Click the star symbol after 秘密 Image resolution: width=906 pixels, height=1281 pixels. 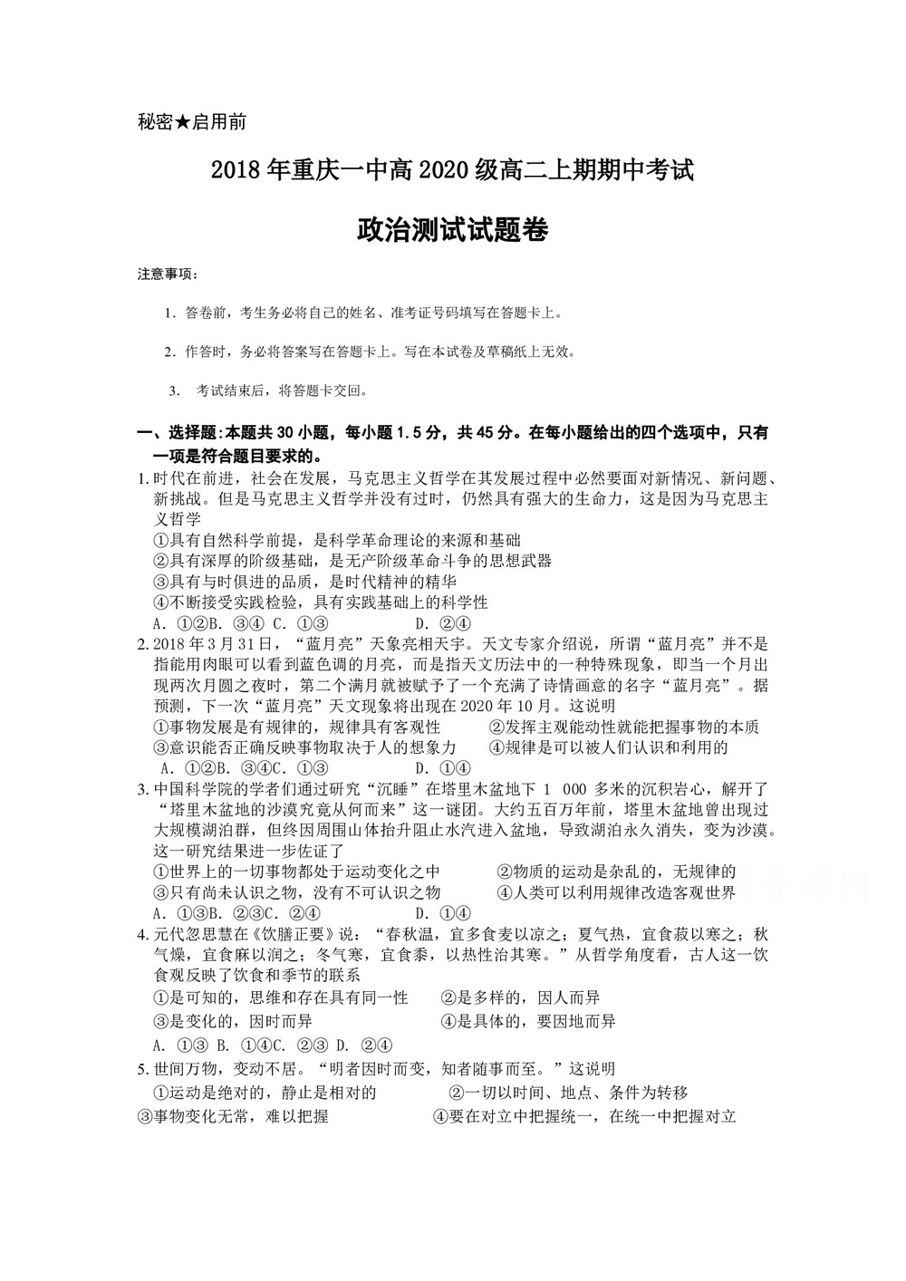point(183,122)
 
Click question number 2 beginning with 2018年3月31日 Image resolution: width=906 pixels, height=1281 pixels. point(141,644)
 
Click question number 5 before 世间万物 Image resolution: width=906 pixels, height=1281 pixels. point(141,1069)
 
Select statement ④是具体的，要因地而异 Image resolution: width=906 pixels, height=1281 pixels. point(528,1021)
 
